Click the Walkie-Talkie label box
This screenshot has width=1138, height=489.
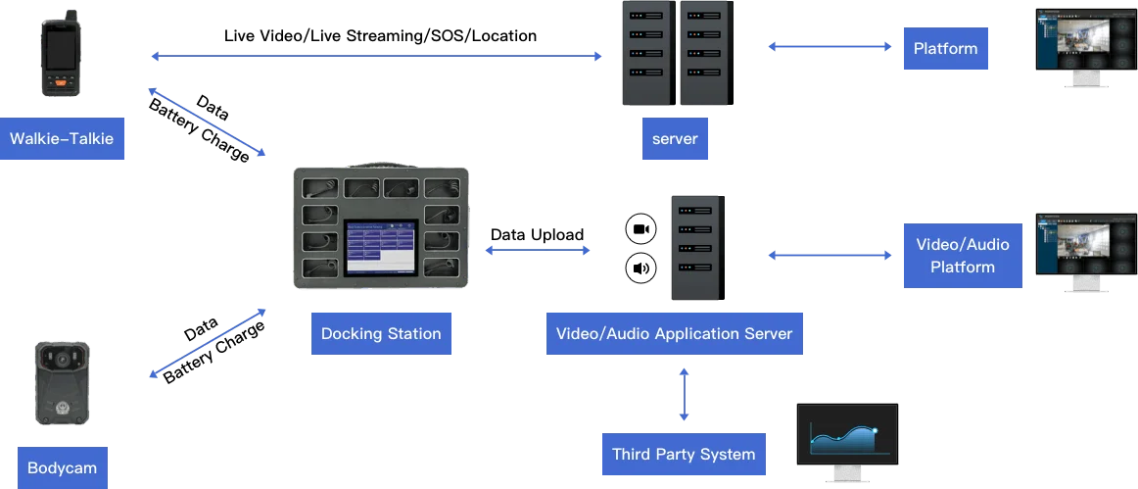pos(62,139)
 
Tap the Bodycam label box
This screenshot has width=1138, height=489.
pos(62,467)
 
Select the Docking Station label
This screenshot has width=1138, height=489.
pos(381,333)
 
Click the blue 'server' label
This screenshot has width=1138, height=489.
pos(675,139)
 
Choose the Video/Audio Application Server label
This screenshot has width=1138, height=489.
pos(674,333)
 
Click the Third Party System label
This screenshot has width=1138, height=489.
pos(684,454)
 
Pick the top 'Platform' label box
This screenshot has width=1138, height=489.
pos(945,48)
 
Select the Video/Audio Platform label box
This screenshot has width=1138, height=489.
pos(962,256)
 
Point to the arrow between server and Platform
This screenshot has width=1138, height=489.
pos(830,46)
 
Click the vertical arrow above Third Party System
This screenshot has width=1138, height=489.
pos(684,395)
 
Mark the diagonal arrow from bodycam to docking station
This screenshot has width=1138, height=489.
pos(207,344)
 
